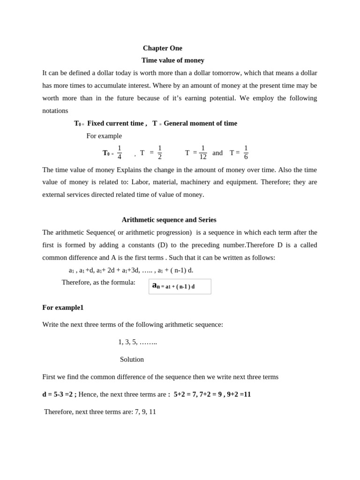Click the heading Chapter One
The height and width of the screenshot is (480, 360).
(x=162, y=48)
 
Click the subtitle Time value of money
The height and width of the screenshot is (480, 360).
(x=172, y=60)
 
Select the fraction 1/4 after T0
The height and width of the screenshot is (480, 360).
(x=119, y=152)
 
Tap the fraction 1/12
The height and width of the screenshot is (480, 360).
(x=202, y=152)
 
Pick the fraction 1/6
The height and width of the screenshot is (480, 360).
(x=246, y=152)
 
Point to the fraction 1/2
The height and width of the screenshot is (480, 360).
(x=159, y=152)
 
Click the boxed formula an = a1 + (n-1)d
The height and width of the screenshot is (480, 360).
(x=180, y=286)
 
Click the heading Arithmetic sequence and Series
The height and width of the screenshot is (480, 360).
(x=169, y=219)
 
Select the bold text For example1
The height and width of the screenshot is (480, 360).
(x=63, y=307)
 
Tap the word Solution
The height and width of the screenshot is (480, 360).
(x=132, y=359)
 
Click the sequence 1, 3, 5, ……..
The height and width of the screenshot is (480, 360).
(x=137, y=342)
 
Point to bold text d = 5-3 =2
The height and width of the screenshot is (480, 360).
(x=59, y=394)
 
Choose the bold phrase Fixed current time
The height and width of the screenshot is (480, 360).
(x=115, y=123)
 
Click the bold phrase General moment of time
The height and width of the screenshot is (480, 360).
(x=200, y=123)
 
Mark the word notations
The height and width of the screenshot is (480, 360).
(x=55, y=111)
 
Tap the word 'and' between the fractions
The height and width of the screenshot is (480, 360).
(x=217, y=153)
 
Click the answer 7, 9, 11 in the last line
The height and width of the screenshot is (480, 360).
(x=145, y=412)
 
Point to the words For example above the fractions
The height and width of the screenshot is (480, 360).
(x=104, y=136)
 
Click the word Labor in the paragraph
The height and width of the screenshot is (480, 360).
(x=140, y=182)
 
